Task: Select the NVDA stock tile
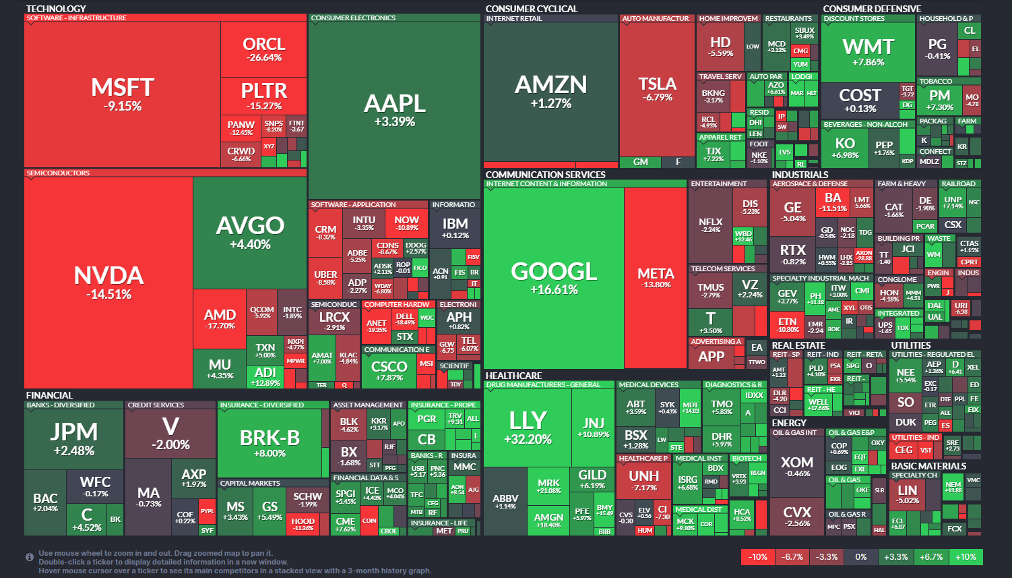point(108,282)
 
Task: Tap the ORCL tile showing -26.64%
point(263,49)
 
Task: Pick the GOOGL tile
point(554,277)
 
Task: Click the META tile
point(656,277)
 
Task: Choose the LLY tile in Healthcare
point(528,427)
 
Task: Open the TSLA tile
point(657,88)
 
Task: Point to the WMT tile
point(868,52)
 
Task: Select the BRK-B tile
point(270,443)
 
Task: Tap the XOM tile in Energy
point(797,466)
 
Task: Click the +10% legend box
point(966,556)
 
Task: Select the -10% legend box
point(758,556)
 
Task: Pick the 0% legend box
point(861,556)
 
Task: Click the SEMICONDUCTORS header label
point(58,173)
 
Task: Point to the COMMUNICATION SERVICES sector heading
point(545,175)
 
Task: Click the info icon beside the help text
point(30,557)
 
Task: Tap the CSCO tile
point(389,370)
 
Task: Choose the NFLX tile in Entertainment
point(710,225)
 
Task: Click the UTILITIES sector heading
point(911,345)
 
